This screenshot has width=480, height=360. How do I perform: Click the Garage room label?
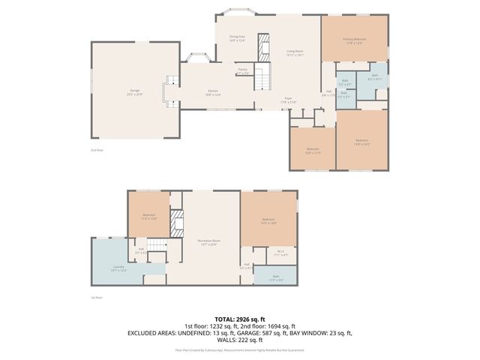pyautogui.click(x=135, y=92)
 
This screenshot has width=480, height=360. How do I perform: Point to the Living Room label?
pyautogui.click(x=295, y=52)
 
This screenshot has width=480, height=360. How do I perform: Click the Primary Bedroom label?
pyautogui.click(x=355, y=41)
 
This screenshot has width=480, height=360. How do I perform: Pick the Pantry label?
pyautogui.click(x=243, y=71)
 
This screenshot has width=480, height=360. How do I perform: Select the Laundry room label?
pyautogui.click(x=118, y=268)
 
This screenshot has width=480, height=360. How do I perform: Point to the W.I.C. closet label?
pyautogui.click(x=281, y=253)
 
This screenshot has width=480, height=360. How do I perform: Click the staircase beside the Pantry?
pyautogui.click(x=262, y=76)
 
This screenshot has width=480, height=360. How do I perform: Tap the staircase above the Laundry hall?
pyautogui.click(x=156, y=245)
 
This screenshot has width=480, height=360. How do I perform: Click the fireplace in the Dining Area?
pyautogui.click(x=263, y=46)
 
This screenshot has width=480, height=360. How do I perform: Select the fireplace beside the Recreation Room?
pyautogui.click(x=178, y=223)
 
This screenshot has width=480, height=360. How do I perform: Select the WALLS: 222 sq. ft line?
pyautogui.click(x=240, y=339)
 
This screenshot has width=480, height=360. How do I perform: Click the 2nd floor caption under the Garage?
pyautogui.click(x=96, y=150)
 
